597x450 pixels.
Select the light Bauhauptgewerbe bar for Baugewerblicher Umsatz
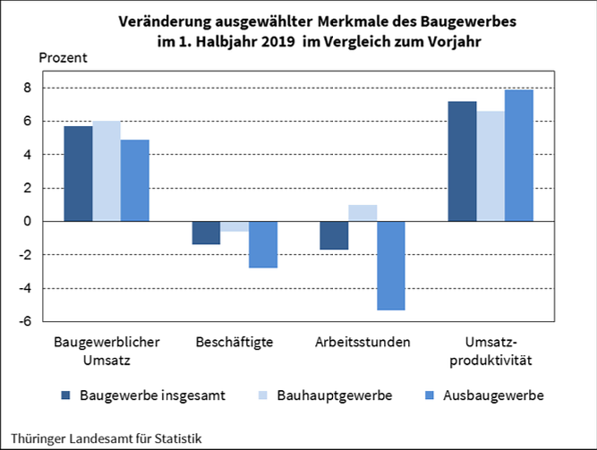point(107,171)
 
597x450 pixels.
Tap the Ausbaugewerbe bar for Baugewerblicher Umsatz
point(134,180)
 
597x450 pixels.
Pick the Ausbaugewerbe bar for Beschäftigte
point(263,244)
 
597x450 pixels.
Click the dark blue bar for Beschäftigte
point(207,233)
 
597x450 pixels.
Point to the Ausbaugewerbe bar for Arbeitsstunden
point(391,266)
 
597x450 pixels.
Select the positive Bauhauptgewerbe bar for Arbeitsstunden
point(362,213)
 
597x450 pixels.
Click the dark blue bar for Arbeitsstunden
point(334,235)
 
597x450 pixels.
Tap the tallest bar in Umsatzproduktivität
point(519,155)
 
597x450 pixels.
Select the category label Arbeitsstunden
point(362,343)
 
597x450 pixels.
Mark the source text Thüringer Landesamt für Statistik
point(101,438)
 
